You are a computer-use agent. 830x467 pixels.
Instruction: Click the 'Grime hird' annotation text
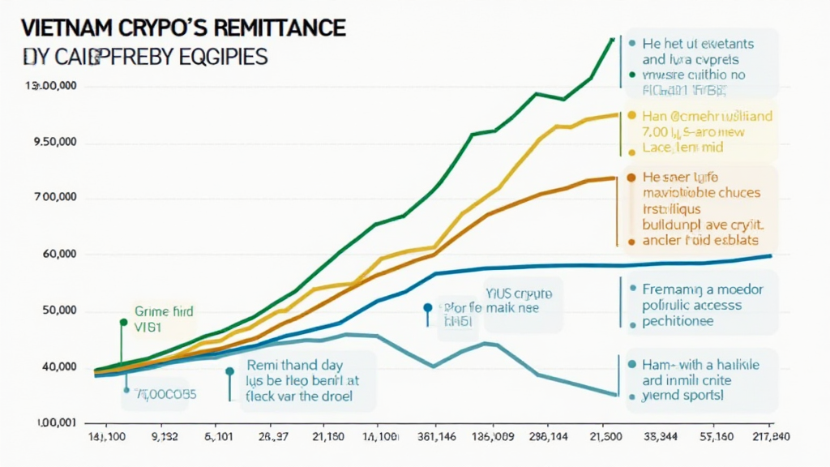click(x=159, y=311)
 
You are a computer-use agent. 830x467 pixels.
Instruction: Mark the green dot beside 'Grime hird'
click(x=123, y=322)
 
